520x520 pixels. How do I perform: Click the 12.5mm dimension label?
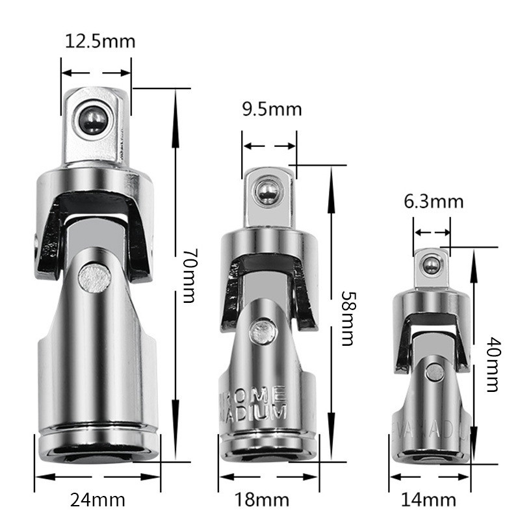[x=100, y=41]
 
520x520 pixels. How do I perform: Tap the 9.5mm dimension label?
[x=272, y=109]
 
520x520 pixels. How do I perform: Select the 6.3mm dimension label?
[x=434, y=201]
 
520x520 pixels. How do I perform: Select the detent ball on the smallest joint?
[x=429, y=265]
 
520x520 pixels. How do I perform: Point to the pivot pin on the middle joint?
[x=263, y=330]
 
